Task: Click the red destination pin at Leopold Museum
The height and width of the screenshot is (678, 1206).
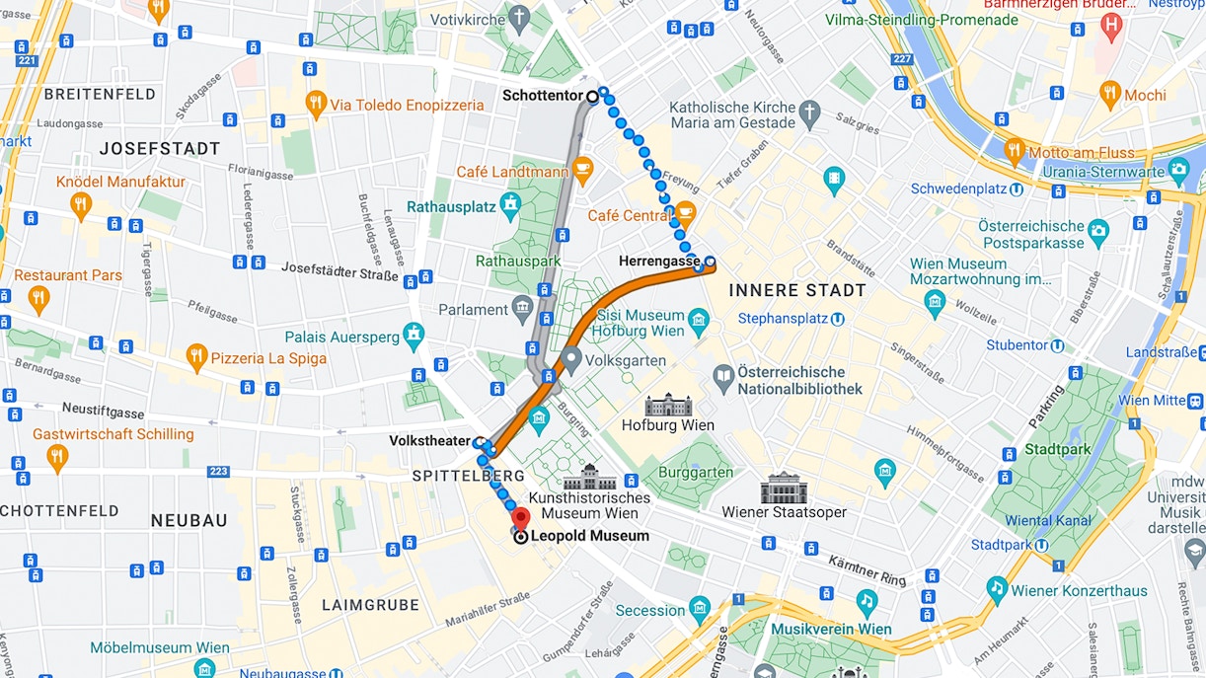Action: click(x=520, y=518)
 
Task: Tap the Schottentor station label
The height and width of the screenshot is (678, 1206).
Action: click(x=544, y=96)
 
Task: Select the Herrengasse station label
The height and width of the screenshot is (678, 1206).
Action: click(x=658, y=262)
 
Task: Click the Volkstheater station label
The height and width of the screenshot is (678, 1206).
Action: click(x=429, y=441)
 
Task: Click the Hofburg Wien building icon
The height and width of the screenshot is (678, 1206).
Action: click(x=668, y=405)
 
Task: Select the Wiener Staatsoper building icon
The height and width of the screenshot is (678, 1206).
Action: click(x=784, y=489)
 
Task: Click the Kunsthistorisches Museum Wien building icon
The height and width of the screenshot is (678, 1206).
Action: click(x=590, y=478)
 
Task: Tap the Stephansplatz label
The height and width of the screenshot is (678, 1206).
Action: click(x=785, y=319)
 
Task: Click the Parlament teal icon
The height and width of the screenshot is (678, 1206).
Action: click(x=523, y=310)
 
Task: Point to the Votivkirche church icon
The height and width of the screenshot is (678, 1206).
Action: click(x=519, y=18)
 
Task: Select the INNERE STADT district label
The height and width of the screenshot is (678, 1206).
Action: click(x=797, y=290)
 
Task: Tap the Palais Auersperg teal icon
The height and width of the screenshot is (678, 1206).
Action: click(x=415, y=336)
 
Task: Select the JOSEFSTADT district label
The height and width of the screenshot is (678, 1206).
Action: click(x=160, y=149)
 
